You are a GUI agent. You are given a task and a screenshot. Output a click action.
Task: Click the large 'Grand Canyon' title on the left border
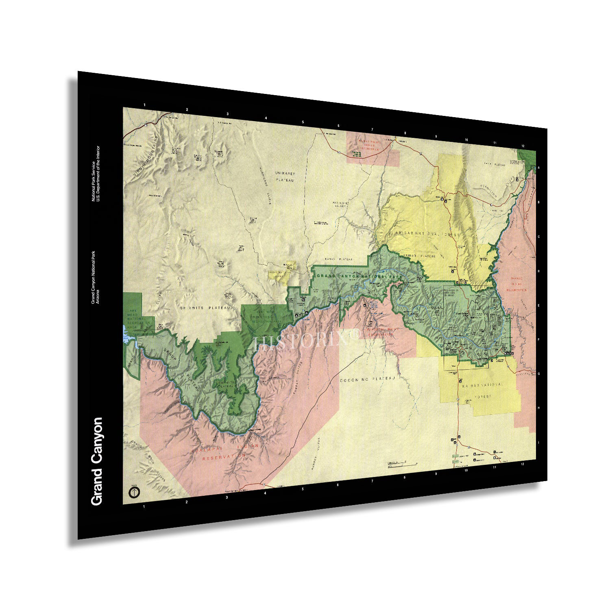(x=97, y=461)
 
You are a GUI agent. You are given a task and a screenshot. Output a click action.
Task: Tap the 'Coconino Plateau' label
(x=367, y=379)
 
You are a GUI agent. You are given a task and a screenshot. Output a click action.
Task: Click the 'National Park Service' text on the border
(x=93, y=181)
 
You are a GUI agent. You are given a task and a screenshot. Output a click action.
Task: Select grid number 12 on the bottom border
(x=522, y=464)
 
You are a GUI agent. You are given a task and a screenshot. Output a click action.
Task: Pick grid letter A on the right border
(x=538, y=168)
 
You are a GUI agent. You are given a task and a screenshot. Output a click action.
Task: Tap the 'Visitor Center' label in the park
(x=453, y=351)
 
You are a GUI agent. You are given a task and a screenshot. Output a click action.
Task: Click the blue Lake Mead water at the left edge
(x=127, y=331)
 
